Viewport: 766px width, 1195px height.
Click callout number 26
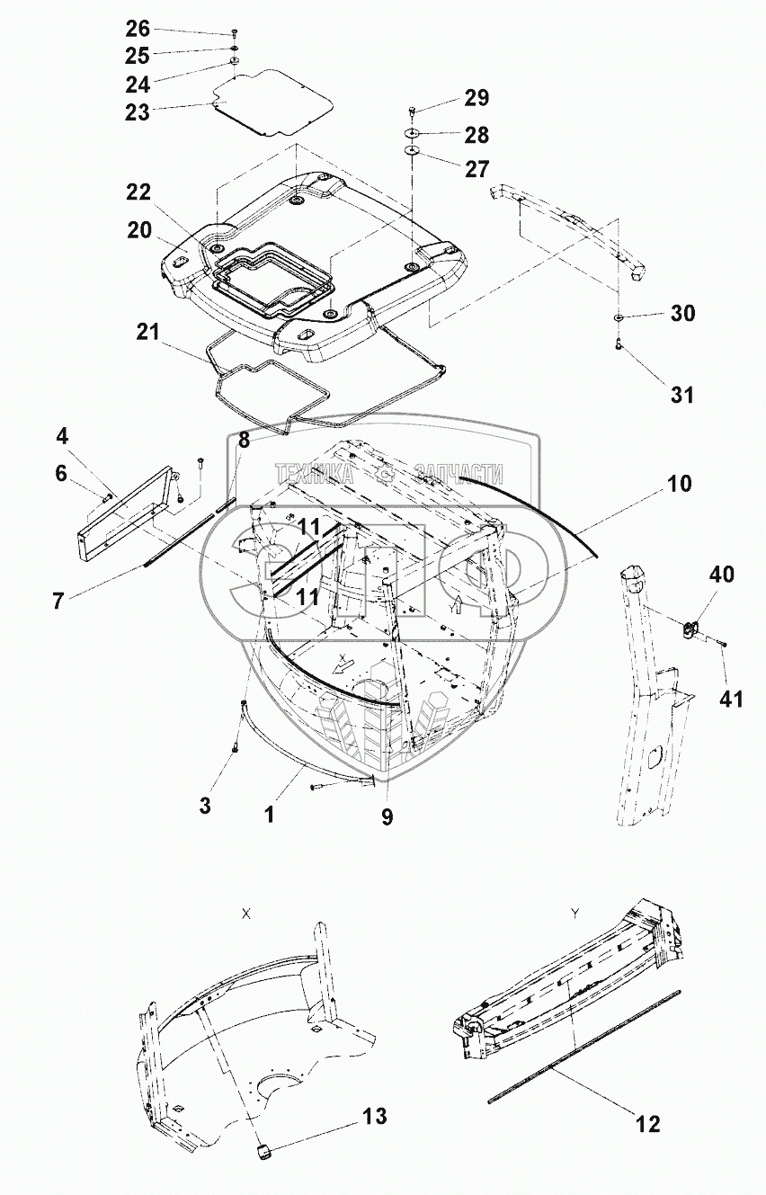pos(138,28)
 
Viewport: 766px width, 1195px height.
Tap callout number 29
pos(476,98)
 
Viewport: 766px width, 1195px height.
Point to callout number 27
pos(476,168)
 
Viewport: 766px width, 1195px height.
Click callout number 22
pos(138,192)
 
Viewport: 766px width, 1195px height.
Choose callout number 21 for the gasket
pos(147,332)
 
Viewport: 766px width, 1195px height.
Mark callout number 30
pos(682,314)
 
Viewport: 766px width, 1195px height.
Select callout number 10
pos(680,484)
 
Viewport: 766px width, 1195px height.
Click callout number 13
pos(375,1117)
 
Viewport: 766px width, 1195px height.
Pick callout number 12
pos(646,1123)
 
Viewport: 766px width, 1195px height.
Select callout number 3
pos(205,807)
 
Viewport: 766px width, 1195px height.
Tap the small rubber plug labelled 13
pos(264,1153)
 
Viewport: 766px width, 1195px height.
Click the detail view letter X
pos(245,912)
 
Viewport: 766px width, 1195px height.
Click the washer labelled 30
pos(619,318)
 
